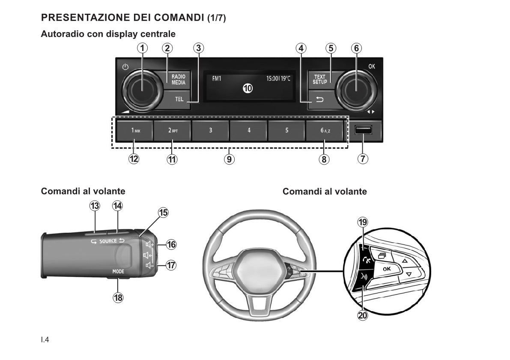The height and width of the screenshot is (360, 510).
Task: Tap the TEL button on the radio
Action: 179,99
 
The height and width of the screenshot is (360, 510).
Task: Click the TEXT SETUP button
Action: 320,80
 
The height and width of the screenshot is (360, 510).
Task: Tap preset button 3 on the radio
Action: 210,130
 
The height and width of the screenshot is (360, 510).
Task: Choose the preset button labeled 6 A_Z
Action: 325,130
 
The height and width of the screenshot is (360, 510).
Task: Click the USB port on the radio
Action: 363,130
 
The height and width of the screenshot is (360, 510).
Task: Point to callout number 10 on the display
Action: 248,89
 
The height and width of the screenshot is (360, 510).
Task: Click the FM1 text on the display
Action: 217,79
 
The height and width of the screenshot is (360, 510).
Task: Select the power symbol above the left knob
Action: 125,67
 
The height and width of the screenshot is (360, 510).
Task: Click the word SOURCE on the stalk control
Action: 108,241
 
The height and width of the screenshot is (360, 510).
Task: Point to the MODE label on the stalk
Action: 118,271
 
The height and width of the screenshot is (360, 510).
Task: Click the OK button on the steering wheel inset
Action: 386,269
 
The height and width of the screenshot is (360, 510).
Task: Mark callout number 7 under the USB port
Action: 363,159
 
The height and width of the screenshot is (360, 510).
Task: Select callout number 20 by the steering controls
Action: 363,315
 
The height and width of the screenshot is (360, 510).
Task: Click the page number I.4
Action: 45,340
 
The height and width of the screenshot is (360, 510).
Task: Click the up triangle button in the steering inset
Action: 404,261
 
